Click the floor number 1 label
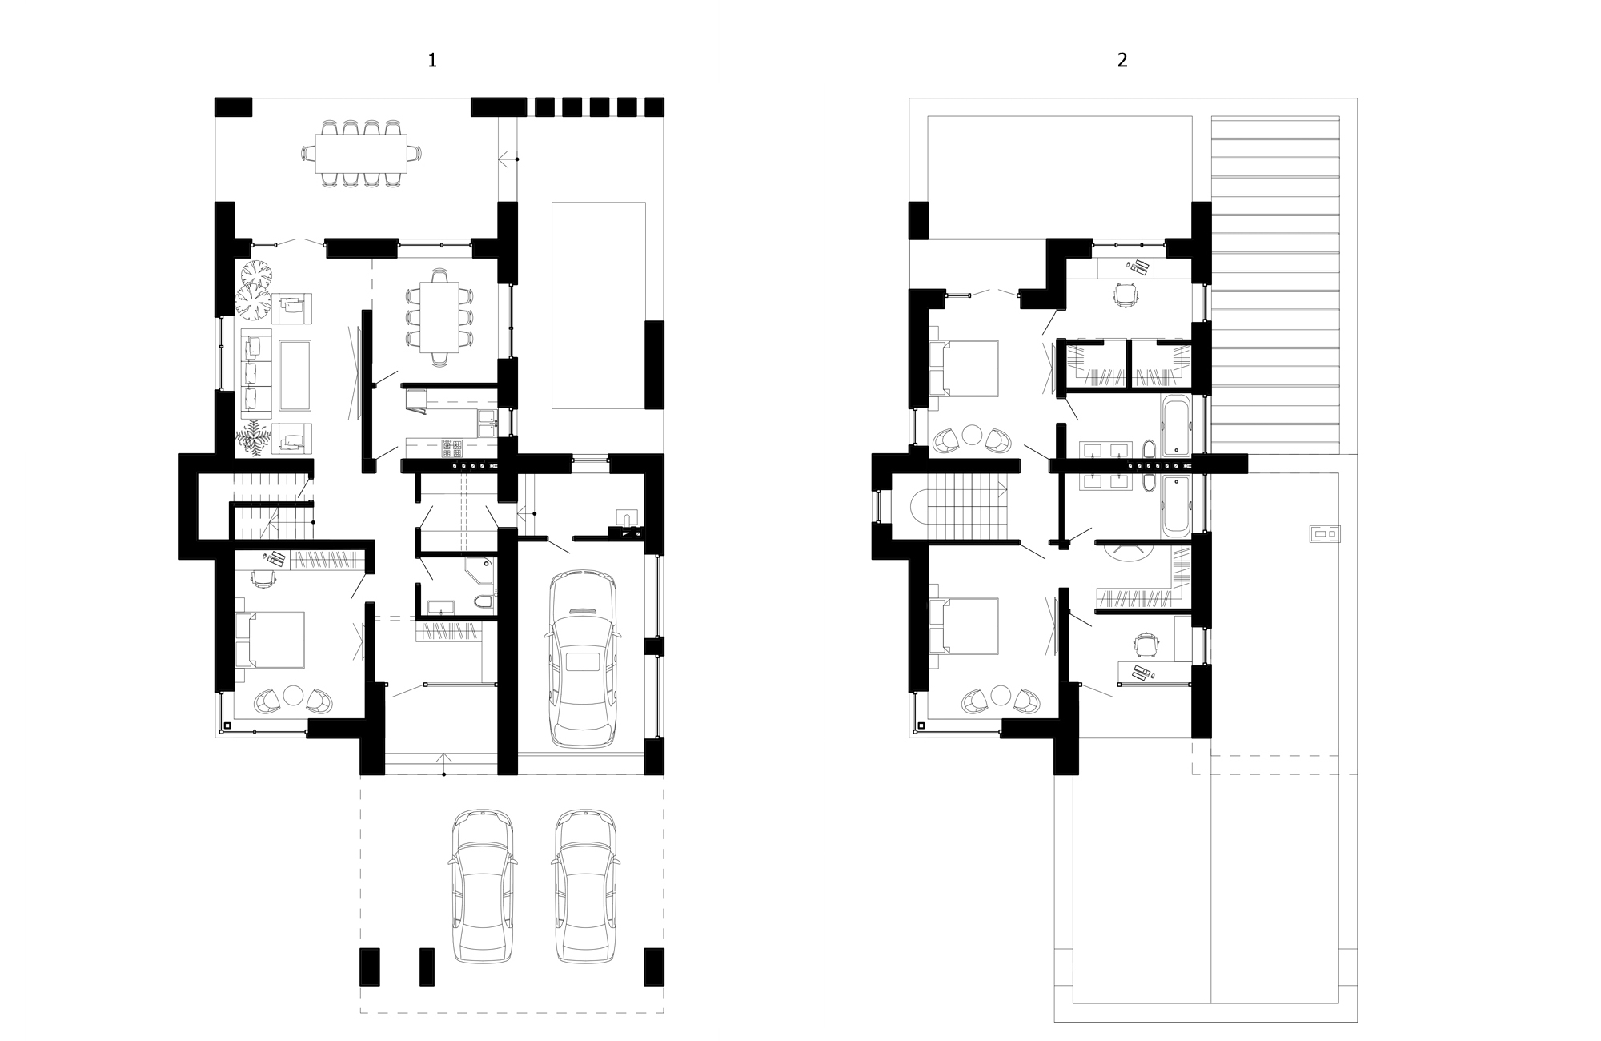[432, 60]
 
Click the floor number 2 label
[1122, 60]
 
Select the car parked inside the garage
[582, 658]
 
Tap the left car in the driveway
[482, 886]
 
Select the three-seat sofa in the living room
[255, 374]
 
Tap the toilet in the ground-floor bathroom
[484, 601]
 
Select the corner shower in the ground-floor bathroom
[479, 571]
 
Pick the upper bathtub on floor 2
[1174, 424]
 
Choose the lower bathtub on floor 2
[1174, 504]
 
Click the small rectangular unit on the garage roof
[1324, 533]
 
